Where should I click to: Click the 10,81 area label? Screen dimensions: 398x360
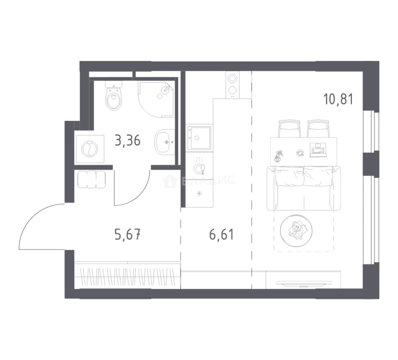click(x=338, y=99)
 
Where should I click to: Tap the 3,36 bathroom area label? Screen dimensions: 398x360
click(x=127, y=140)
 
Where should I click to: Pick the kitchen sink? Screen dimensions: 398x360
click(x=199, y=138)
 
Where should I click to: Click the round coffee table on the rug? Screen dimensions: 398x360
click(x=296, y=231)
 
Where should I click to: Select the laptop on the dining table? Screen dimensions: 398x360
click(x=318, y=150)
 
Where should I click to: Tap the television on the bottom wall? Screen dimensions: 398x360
click(x=304, y=283)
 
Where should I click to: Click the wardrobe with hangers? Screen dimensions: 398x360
click(x=127, y=275)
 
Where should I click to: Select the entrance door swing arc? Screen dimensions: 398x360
click(x=33, y=216)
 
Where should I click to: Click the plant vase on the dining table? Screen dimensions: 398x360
click(x=279, y=156)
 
